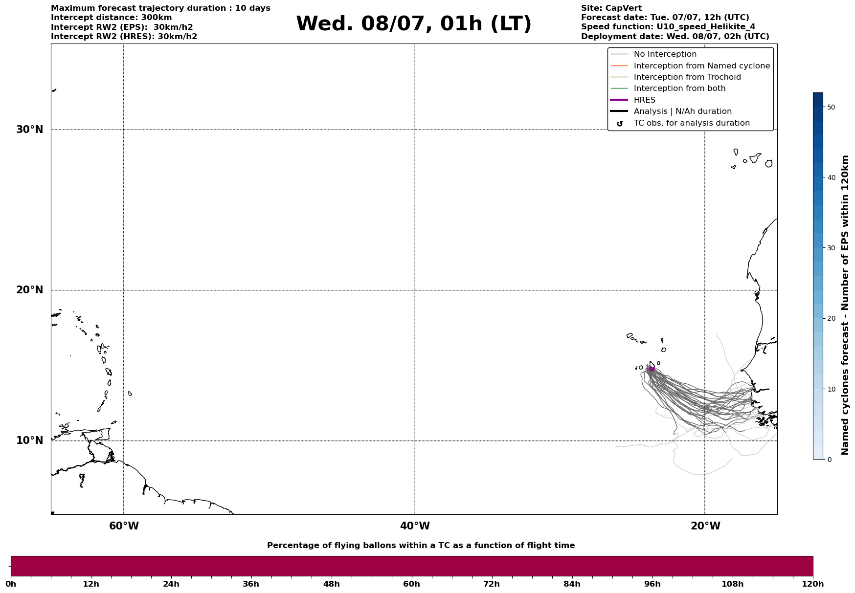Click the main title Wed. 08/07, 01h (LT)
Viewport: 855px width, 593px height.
(413, 24)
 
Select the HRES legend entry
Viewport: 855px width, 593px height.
(644, 100)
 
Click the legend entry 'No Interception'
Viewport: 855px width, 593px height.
(665, 54)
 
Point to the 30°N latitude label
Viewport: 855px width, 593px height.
(30, 130)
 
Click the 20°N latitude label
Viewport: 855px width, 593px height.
(30, 290)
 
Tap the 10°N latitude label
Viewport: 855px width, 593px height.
(30, 440)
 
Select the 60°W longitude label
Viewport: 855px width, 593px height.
(124, 526)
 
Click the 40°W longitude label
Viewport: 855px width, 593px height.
(415, 526)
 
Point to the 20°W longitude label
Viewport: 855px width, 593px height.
(705, 526)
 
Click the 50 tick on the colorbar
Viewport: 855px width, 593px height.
(831, 107)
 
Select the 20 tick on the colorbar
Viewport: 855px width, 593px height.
(831, 319)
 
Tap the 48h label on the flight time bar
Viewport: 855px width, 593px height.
(331, 584)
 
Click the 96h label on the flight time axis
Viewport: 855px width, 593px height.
(652, 584)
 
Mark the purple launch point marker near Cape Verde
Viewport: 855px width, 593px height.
(652, 369)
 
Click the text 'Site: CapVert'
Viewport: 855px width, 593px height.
(611, 8)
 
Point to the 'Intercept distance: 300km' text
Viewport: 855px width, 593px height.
(112, 18)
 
